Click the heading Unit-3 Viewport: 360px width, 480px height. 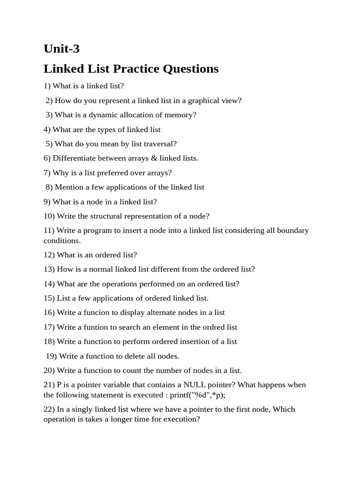pos(61,49)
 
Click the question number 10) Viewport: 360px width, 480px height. pos(49,216)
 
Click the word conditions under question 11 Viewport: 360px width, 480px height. pos(62,241)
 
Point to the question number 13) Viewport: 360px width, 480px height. pos(49,270)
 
